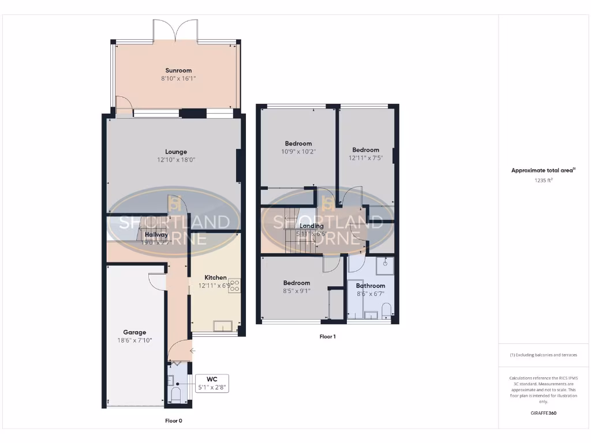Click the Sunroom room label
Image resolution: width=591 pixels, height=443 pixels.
[x=178, y=70]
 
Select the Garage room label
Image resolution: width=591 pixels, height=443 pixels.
[x=134, y=332]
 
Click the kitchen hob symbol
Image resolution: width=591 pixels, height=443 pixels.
[x=235, y=286]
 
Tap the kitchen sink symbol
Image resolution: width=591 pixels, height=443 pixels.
[x=222, y=326]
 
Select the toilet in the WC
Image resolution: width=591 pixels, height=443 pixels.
[x=176, y=395]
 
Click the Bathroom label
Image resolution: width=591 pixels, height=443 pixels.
[x=370, y=286]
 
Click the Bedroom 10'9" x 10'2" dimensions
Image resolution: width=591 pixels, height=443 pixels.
[x=298, y=152]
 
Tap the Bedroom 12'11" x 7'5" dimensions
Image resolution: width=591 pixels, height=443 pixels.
[x=366, y=157]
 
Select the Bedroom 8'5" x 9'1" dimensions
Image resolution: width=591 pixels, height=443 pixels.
[x=297, y=291]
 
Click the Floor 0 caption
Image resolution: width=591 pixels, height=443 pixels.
[x=174, y=421]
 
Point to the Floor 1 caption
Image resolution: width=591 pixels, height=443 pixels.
[x=327, y=336]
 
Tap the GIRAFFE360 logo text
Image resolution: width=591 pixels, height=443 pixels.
[x=543, y=413]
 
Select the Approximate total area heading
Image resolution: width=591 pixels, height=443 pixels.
[x=543, y=170]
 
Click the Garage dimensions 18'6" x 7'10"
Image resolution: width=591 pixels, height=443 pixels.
[x=134, y=340]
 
